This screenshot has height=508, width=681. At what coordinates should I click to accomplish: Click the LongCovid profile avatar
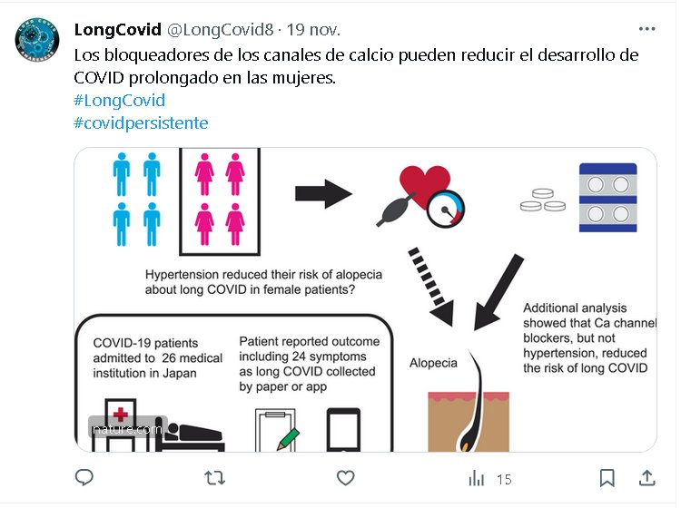coord(37,40)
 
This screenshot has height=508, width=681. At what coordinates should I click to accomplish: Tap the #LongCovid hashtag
coord(120,100)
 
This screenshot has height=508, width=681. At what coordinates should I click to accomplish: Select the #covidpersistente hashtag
coord(141,123)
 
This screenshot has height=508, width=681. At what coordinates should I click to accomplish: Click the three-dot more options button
coord(646,29)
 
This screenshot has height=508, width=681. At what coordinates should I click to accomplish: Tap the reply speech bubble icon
coord(84,477)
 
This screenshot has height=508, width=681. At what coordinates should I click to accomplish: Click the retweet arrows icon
coord(214,478)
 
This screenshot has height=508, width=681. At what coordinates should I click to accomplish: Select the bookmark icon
coord(607,478)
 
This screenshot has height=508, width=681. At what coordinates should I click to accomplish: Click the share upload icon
coord(646,478)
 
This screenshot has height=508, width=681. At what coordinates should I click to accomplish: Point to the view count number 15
coord(504,479)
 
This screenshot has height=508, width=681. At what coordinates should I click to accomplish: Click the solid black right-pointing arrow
coord(323,194)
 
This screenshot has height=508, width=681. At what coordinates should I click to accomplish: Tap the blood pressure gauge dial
coord(446,210)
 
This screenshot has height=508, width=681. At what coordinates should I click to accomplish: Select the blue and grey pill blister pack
coord(608,198)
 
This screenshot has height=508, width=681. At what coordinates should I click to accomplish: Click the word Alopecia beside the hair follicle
coord(433,363)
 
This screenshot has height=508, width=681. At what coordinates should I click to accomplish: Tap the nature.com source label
coord(127,429)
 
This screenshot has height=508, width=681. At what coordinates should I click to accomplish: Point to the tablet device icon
coord(343,430)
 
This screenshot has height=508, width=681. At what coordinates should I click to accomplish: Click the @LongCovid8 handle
coord(221,30)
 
